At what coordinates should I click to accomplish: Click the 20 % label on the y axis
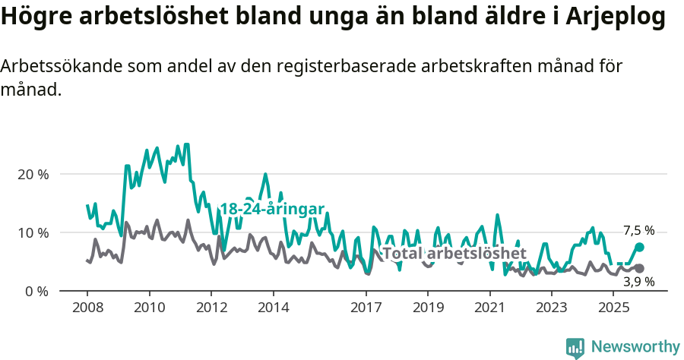(33, 174)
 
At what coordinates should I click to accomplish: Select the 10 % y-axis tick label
(33, 232)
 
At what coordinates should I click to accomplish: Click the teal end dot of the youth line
(639, 247)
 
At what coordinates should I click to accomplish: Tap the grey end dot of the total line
(639, 268)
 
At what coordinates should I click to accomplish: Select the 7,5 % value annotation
(638, 230)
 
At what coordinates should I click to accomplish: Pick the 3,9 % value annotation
(638, 282)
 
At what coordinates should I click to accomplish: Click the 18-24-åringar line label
(272, 209)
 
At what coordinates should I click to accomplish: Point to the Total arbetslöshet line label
(454, 253)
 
